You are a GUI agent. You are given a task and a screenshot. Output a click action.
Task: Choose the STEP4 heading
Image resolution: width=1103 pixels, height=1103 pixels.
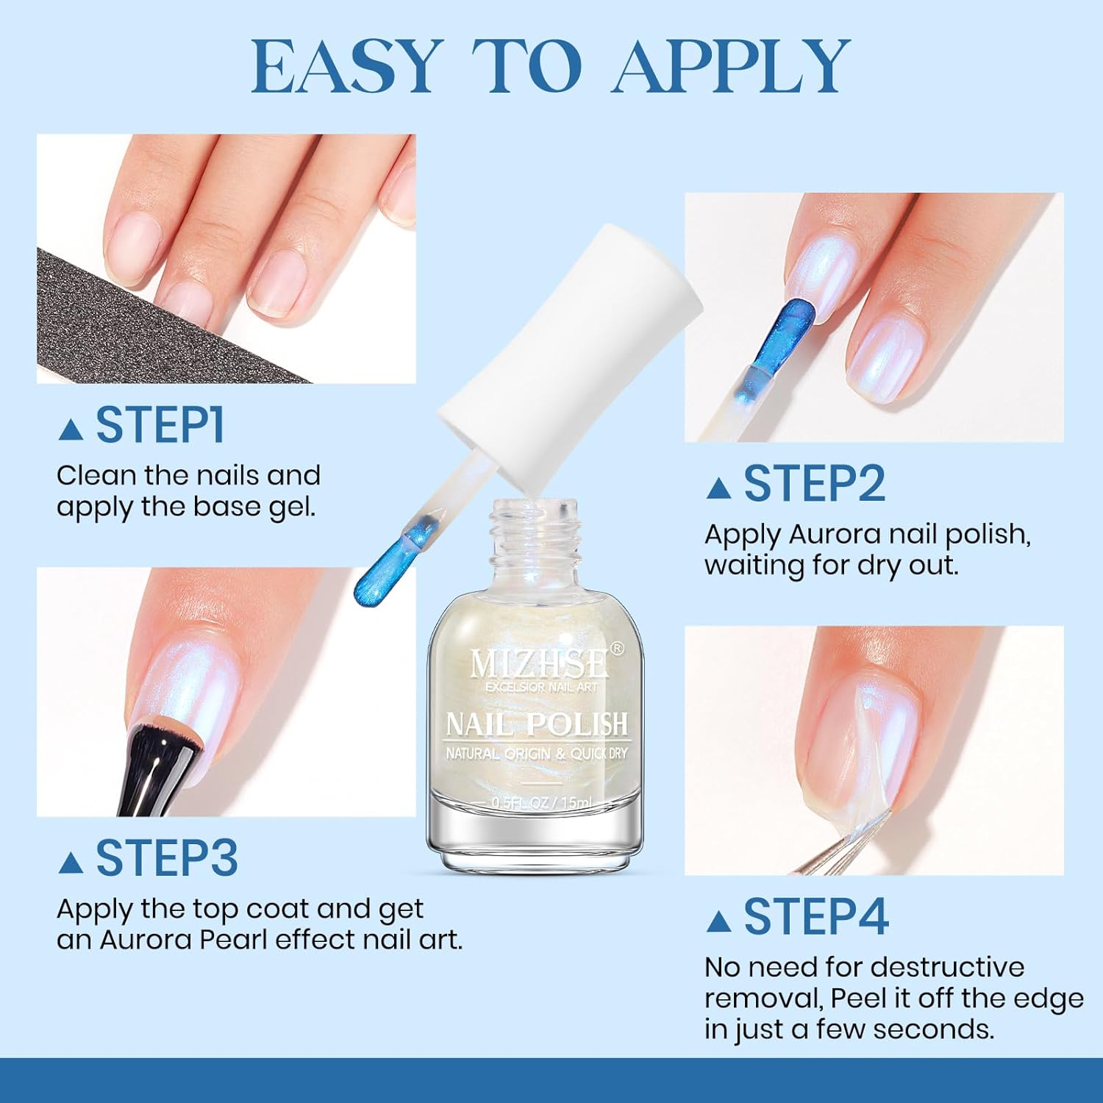[816, 916]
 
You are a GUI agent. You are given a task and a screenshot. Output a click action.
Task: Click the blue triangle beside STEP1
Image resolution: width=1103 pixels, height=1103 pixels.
[71, 429]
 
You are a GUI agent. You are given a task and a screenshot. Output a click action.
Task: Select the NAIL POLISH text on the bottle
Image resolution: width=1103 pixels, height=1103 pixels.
[538, 725]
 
